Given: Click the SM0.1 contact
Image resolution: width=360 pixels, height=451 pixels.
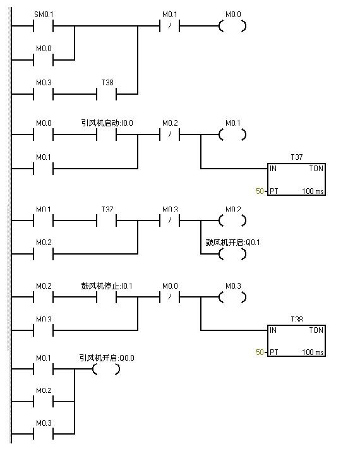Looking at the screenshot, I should pos(43,27).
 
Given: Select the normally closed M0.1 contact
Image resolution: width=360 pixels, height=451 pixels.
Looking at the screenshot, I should pos(170,27).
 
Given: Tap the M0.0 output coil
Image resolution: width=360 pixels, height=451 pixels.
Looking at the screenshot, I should pos(232,27).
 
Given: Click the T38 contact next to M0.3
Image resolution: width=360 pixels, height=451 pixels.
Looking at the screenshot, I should pos(107,94).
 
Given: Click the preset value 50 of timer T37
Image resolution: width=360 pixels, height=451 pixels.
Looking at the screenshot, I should pos(259,191).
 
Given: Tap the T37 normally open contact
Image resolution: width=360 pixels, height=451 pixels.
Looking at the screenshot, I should pos(107,221).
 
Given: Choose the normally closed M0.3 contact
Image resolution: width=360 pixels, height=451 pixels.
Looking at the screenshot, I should pos(170,221).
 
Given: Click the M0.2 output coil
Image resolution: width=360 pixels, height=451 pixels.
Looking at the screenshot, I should pos(232,221).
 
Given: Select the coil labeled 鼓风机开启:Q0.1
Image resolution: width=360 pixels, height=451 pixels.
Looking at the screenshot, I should pos(232,254).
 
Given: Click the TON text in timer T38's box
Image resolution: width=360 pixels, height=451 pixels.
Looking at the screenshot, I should pos(316,330).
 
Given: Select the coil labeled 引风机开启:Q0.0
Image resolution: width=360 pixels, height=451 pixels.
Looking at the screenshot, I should pos(106,370).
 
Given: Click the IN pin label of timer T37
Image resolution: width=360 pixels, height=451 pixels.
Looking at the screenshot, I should pos(273,169).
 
